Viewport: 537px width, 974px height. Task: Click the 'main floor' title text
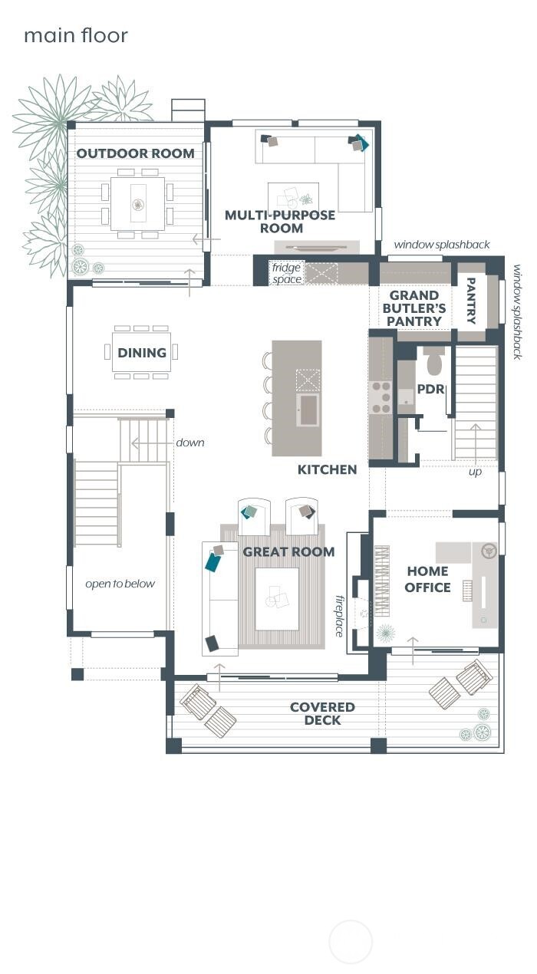point(75,35)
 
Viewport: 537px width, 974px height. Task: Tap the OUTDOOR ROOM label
point(135,153)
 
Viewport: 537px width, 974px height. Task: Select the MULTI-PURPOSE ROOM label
point(280,222)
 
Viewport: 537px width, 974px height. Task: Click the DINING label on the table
point(142,353)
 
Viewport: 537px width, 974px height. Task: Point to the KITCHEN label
point(328,469)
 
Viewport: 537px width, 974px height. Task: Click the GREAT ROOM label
point(288,551)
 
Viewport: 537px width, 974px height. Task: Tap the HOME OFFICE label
point(428,580)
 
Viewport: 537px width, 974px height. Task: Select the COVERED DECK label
point(322,713)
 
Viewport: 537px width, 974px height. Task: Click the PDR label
point(430,389)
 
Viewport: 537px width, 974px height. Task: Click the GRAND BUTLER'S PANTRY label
point(414,308)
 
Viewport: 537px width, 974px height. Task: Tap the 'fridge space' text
point(286,274)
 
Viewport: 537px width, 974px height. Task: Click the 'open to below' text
point(120,584)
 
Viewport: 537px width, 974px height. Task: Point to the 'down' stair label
point(189,443)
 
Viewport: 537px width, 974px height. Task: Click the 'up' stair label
point(475,472)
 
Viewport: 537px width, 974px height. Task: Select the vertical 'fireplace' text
point(339,615)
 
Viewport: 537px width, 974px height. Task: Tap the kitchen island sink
point(308,410)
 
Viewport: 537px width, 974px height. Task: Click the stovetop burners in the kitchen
point(381,397)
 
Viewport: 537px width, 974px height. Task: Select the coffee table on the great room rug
point(276,598)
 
